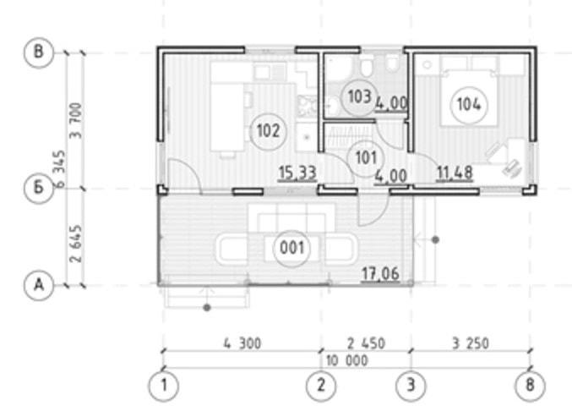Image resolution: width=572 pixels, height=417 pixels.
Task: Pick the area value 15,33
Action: click(297, 173)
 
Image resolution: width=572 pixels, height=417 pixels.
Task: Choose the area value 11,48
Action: click(455, 173)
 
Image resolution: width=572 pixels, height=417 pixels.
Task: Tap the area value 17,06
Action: click(380, 273)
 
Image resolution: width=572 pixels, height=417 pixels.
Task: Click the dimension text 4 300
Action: click(242, 343)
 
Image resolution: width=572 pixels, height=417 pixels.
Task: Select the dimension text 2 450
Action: click(366, 343)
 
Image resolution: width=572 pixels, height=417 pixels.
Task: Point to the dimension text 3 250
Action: click(471, 343)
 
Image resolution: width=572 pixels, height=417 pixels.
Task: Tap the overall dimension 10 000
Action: click(346, 361)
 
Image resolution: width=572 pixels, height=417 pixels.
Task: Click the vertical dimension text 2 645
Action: click(77, 244)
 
